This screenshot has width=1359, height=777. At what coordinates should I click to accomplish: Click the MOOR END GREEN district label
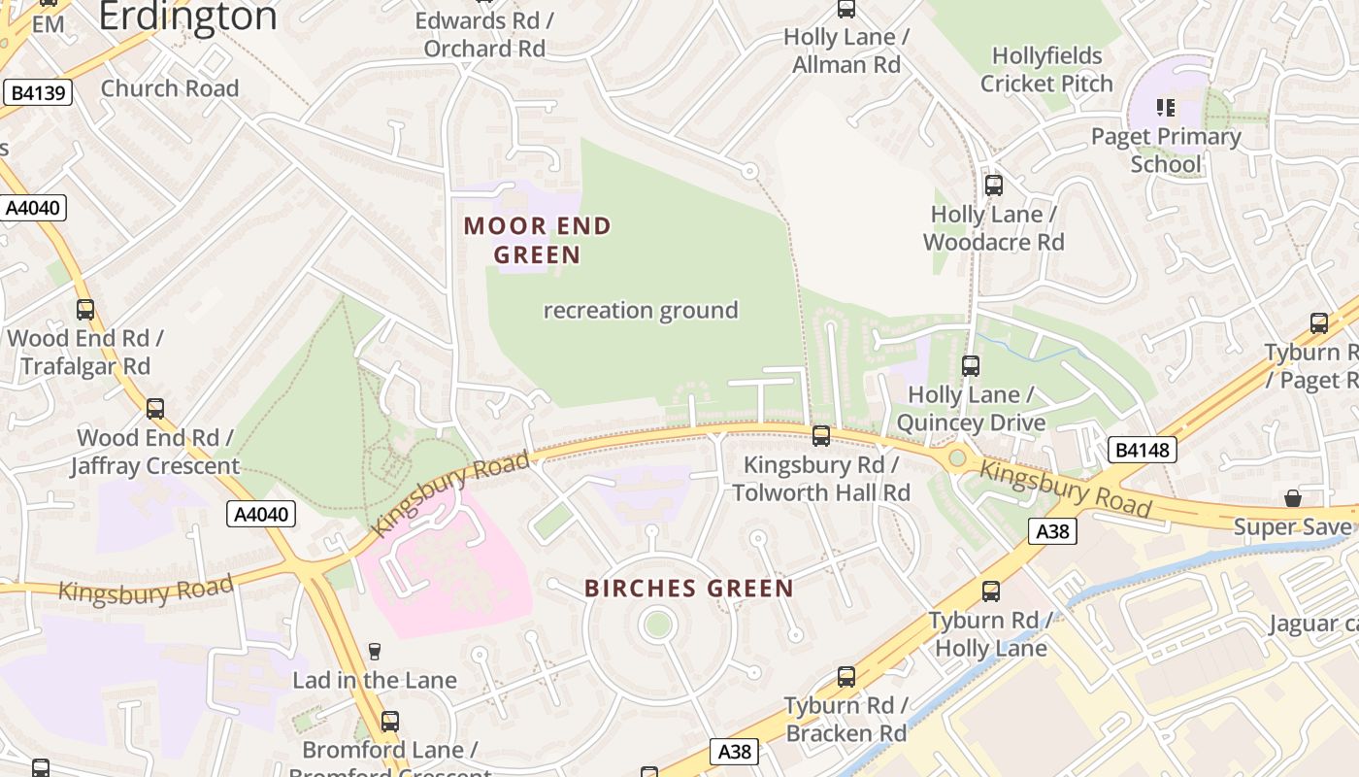click(537, 240)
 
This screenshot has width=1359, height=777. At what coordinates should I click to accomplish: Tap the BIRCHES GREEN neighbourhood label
click(689, 589)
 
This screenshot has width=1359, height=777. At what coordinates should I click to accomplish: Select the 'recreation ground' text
click(641, 311)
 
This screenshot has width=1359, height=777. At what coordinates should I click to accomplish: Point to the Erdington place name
click(187, 17)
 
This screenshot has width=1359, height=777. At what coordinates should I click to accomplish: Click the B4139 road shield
click(39, 93)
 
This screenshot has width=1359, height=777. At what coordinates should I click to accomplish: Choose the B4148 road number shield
click(1143, 450)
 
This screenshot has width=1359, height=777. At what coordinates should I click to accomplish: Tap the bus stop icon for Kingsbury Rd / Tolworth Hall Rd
click(821, 436)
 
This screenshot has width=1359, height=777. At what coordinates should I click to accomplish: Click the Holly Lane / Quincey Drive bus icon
click(970, 366)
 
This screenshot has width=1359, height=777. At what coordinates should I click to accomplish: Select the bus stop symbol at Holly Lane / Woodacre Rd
click(993, 185)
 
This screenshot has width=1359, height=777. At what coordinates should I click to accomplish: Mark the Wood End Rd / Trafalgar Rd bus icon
click(85, 310)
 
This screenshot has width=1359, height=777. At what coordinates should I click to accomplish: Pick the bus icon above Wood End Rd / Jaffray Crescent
click(155, 409)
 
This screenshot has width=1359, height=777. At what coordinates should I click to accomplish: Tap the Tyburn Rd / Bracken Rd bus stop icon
click(845, 677)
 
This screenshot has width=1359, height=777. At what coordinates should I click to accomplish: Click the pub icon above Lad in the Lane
click(375, 651)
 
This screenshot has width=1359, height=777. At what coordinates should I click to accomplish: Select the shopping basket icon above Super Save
click(1292, 498)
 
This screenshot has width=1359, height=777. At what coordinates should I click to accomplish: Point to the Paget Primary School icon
click(1166, 107)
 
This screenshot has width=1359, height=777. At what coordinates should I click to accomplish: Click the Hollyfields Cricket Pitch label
click(1046, 70)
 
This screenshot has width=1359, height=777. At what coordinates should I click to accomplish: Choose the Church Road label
click(170, 88)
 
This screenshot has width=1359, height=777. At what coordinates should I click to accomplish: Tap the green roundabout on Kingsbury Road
click(957, 456)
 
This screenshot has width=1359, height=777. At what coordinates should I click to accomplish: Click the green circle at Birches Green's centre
click(658, 625)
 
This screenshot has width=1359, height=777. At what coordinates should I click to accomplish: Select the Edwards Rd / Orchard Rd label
click(484, 34)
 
